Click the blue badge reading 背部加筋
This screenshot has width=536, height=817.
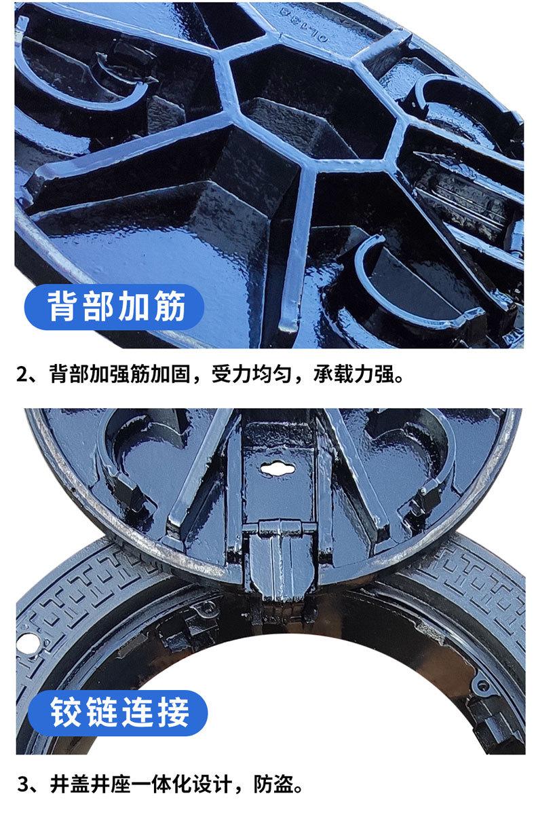click(115, 308)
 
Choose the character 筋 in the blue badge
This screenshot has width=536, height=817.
click(170, 308)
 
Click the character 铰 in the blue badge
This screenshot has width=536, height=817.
click(66, 712)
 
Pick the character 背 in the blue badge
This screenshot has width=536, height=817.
click(63, 308)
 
